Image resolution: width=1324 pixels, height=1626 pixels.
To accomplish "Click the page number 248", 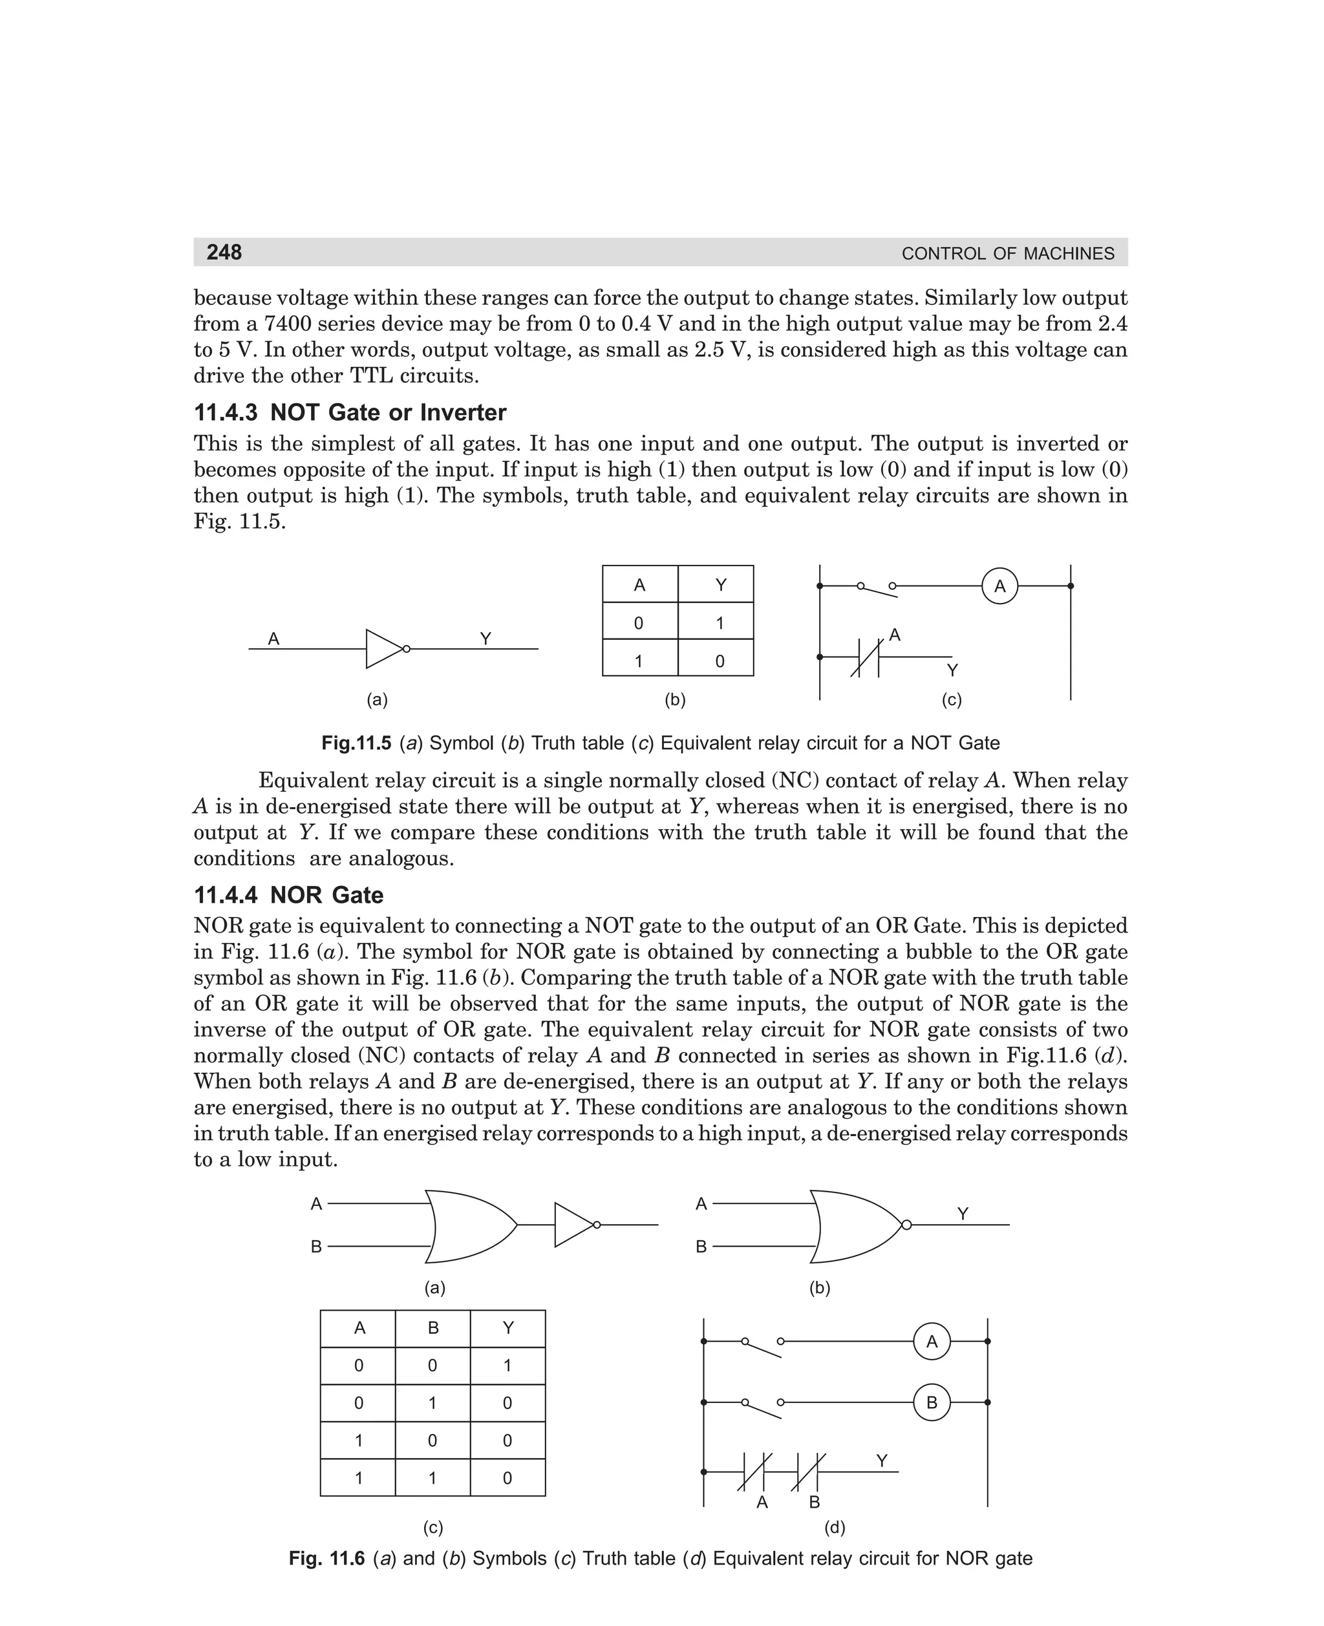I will point(224,252).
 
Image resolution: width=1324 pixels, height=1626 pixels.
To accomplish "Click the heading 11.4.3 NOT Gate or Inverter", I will point(349,412).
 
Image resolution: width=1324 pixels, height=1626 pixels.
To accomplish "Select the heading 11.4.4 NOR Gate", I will point(288,894).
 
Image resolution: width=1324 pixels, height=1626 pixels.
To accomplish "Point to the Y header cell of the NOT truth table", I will point(720,585).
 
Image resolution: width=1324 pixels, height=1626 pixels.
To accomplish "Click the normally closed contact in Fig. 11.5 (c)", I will point(865,657).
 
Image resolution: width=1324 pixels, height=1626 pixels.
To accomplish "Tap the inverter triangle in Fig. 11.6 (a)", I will point(573,1225).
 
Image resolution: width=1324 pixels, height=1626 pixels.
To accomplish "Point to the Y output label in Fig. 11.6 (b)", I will point(963,1214).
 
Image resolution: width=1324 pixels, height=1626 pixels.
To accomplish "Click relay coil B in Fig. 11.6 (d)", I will point(931,1402).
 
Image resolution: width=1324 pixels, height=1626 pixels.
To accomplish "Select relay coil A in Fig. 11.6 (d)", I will point(931,1342).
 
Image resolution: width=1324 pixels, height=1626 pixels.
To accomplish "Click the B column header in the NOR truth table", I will point(433,1328).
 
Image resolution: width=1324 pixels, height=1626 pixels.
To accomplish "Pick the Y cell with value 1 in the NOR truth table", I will point(508,1366).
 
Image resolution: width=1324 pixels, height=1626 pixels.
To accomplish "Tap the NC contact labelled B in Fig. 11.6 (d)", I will point(807,1472).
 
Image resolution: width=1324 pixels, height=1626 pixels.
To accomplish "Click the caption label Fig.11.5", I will point(356,743).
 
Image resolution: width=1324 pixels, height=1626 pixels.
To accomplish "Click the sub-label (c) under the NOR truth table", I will point(433,1528).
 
